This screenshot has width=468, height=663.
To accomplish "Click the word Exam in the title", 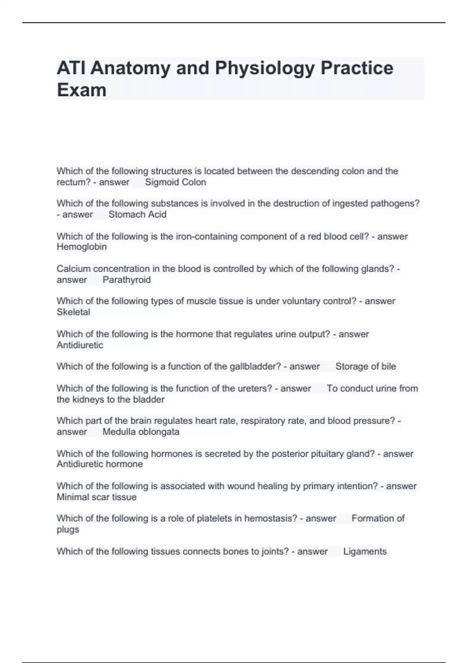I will tap(82, 90).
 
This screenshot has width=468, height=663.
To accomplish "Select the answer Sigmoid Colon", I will tap(175, 182).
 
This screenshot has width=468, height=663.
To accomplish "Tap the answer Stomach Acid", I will tap(137, 214).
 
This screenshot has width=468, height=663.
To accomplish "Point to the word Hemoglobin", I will tap(82, 247).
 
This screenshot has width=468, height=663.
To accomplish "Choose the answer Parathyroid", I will tap(126, 280).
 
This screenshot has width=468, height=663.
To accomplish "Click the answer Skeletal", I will tap(73, 312).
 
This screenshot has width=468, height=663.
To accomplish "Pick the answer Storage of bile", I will tap(365, 367).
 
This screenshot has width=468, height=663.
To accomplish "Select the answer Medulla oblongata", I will tap(141, 432).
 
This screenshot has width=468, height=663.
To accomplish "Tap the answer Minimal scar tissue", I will tap(96, 497).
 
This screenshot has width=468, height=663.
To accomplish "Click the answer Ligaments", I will tap(365, 551).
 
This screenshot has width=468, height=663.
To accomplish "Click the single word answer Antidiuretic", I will tap(80, 345).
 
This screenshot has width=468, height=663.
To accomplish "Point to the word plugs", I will tap(68, 530).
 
